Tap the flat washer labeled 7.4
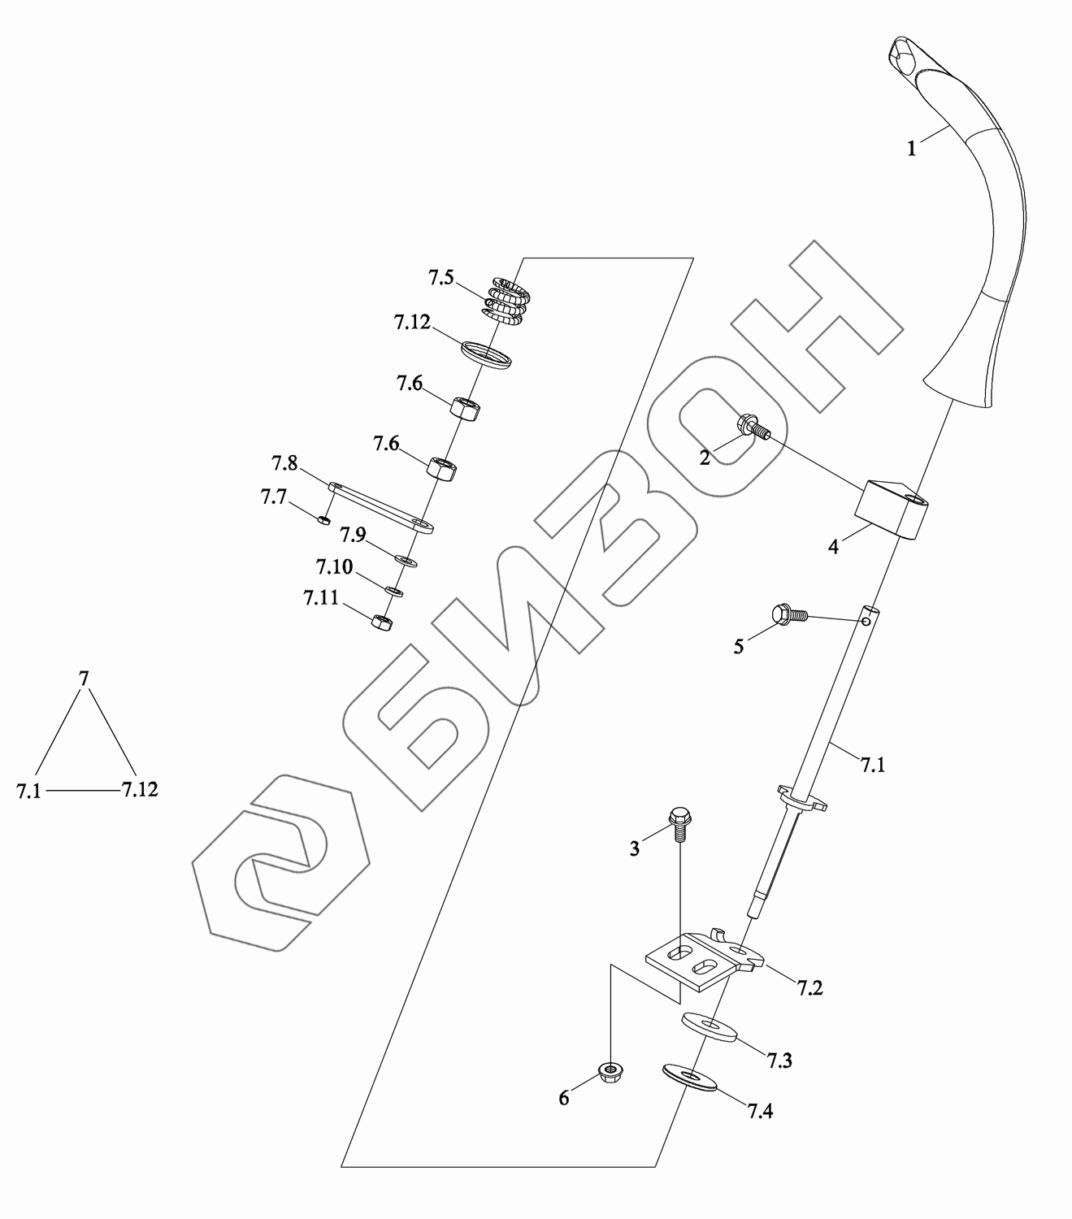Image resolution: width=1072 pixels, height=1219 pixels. click(x=690, y=1077)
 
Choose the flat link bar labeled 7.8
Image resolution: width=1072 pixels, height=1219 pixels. click(x=380, y=506)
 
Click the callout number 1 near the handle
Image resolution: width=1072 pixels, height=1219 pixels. click(x=912, y=150)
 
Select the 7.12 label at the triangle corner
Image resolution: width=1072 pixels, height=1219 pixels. click(x=140, y=789)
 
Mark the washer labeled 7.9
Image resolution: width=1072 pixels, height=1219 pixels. click(x=405, y=560)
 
